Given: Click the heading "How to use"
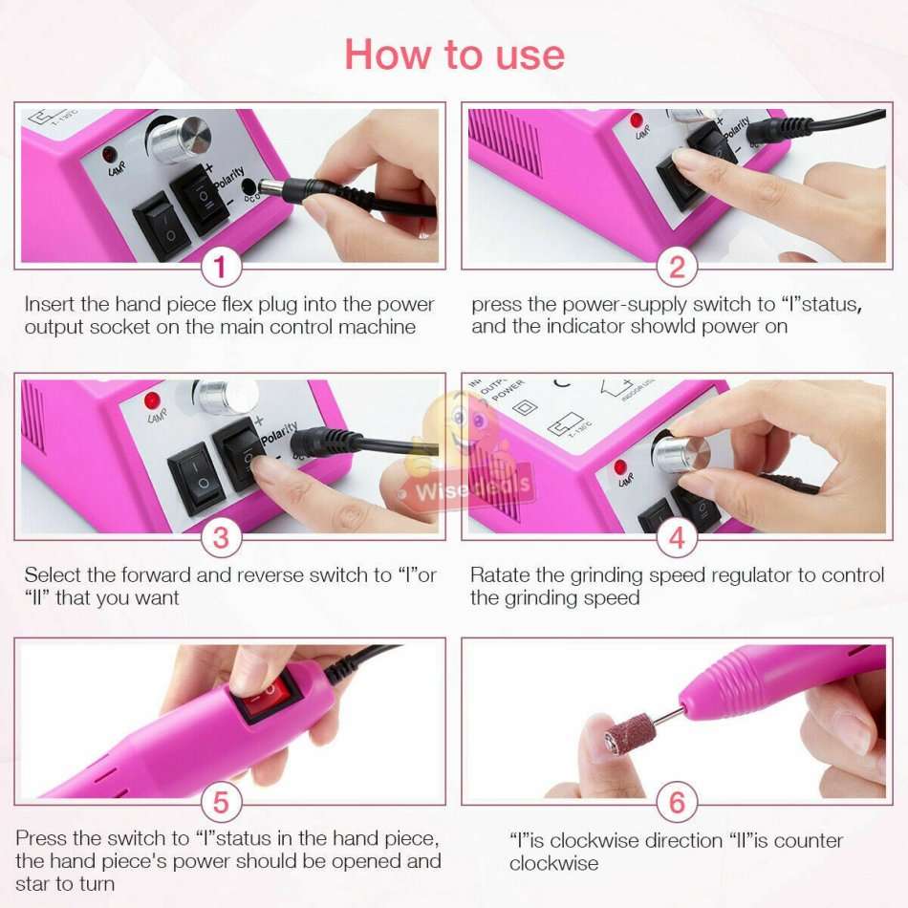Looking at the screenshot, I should click(454, 54).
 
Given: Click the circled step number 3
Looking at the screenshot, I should click(221, 537).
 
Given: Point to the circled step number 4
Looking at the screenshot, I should click(677, 537).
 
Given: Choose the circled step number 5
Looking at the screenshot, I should click(221, 802).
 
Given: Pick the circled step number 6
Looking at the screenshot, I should click(677, 802).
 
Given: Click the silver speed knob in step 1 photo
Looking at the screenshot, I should click(181, 140).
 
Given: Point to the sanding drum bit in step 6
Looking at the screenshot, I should click(631, 734).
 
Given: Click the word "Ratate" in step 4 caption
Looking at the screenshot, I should click(499, 575).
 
